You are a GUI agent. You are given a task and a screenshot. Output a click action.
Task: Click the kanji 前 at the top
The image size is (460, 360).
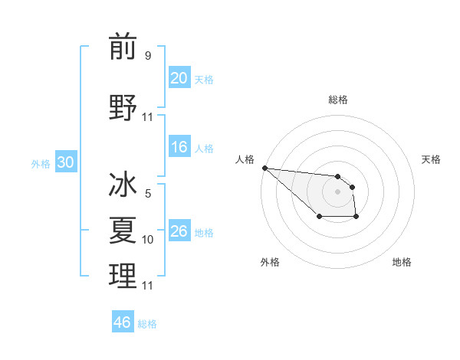point(123,47)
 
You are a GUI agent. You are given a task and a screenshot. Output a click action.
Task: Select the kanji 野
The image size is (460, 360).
point(123,106)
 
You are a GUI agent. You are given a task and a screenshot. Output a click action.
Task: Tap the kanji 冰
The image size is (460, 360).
point(123,186)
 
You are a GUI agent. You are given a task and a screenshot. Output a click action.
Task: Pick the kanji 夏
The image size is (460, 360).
point(123,229)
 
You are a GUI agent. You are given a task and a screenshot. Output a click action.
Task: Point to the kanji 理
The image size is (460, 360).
point(123,275)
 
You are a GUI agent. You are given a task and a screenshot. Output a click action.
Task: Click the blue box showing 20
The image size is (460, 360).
point(179,78)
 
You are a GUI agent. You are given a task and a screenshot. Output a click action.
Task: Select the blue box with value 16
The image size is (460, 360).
point(179,147)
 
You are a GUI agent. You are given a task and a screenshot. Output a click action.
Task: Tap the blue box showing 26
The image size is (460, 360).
point(179,231)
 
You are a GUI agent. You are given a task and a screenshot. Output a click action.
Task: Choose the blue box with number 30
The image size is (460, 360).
point(65,162)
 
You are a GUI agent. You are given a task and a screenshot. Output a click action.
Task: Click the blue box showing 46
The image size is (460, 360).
point(123,322)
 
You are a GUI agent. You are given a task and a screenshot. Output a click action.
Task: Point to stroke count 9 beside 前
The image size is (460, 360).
point(148,56)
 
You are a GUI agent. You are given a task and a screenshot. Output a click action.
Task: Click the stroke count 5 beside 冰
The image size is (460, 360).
point(148,194)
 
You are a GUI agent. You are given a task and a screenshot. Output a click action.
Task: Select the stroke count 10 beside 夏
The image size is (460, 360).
point(148,240)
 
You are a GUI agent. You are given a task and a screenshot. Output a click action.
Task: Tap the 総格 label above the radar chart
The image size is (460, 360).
point(338,100)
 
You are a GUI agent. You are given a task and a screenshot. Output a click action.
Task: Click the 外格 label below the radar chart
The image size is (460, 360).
point(270,262)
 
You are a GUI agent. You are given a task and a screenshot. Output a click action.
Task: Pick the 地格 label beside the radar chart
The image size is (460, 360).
point(402,262)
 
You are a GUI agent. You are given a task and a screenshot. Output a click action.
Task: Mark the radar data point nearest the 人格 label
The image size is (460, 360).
point(264,168)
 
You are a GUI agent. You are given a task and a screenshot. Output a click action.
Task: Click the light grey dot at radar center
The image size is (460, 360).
point(337,191)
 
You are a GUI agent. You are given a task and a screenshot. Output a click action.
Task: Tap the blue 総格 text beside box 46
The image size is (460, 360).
point(147,324)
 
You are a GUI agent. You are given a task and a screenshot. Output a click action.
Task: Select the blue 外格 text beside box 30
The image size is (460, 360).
point(41,163)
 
